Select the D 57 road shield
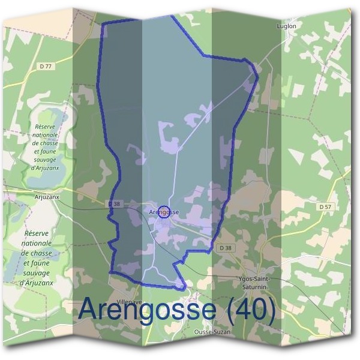tap(325, 206)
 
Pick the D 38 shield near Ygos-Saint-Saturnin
tap(225, 248)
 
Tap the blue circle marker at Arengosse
tap(164, 212)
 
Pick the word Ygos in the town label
tap(244, 280)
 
